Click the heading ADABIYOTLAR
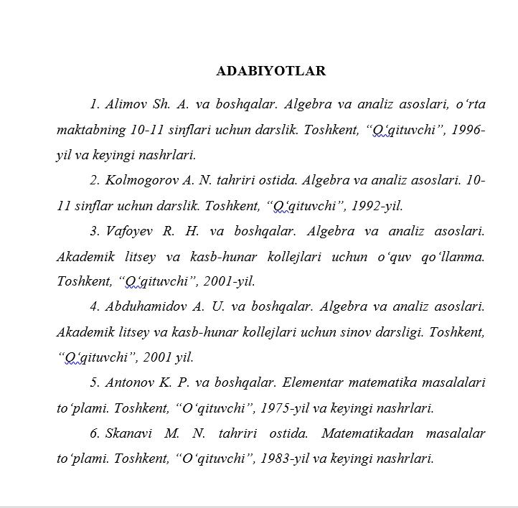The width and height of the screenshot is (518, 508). [270, 71]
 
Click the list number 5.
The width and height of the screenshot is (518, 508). [94, 382]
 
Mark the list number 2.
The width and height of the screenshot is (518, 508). [94, 180]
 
